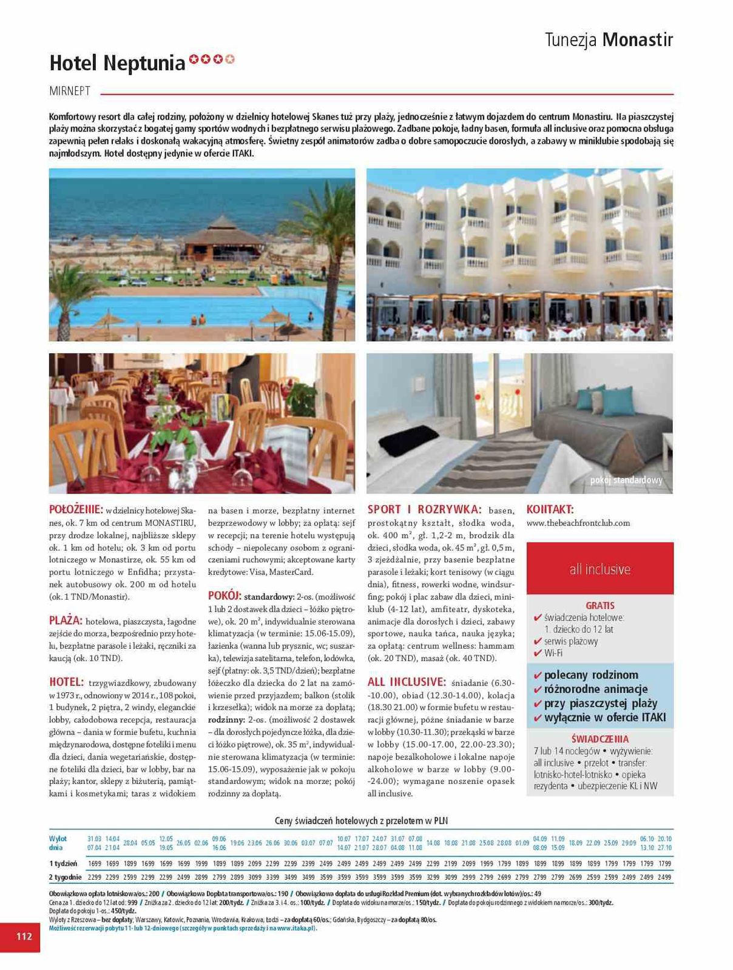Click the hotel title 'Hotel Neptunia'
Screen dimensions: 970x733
pos(117,63)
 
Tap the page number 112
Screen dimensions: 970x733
pos(24,936)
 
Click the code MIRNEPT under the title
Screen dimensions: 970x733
pos(70,91)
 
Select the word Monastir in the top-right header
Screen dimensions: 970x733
pos(638,40)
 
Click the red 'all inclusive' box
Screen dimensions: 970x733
pos(600,569)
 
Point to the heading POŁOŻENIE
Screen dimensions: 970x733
pos(76,510)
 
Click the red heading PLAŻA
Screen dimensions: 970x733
pos(66,620)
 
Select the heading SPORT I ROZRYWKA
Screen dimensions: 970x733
pos(424,510)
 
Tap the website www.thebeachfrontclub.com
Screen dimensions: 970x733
pos(578,523)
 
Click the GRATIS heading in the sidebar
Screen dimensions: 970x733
pos(600,605)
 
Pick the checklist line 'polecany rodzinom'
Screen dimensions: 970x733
pos(590,675)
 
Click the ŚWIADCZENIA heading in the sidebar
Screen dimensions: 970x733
pos(600,738)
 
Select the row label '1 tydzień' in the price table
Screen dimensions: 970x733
pos(63,863)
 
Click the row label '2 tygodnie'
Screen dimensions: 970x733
pos(65,877)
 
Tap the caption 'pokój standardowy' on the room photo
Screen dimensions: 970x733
pos(626,480)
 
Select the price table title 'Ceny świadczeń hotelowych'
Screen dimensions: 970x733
pos(361,820)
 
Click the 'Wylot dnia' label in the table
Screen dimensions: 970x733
pos(58,843)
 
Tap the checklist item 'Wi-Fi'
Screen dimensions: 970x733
pos(553,653)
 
